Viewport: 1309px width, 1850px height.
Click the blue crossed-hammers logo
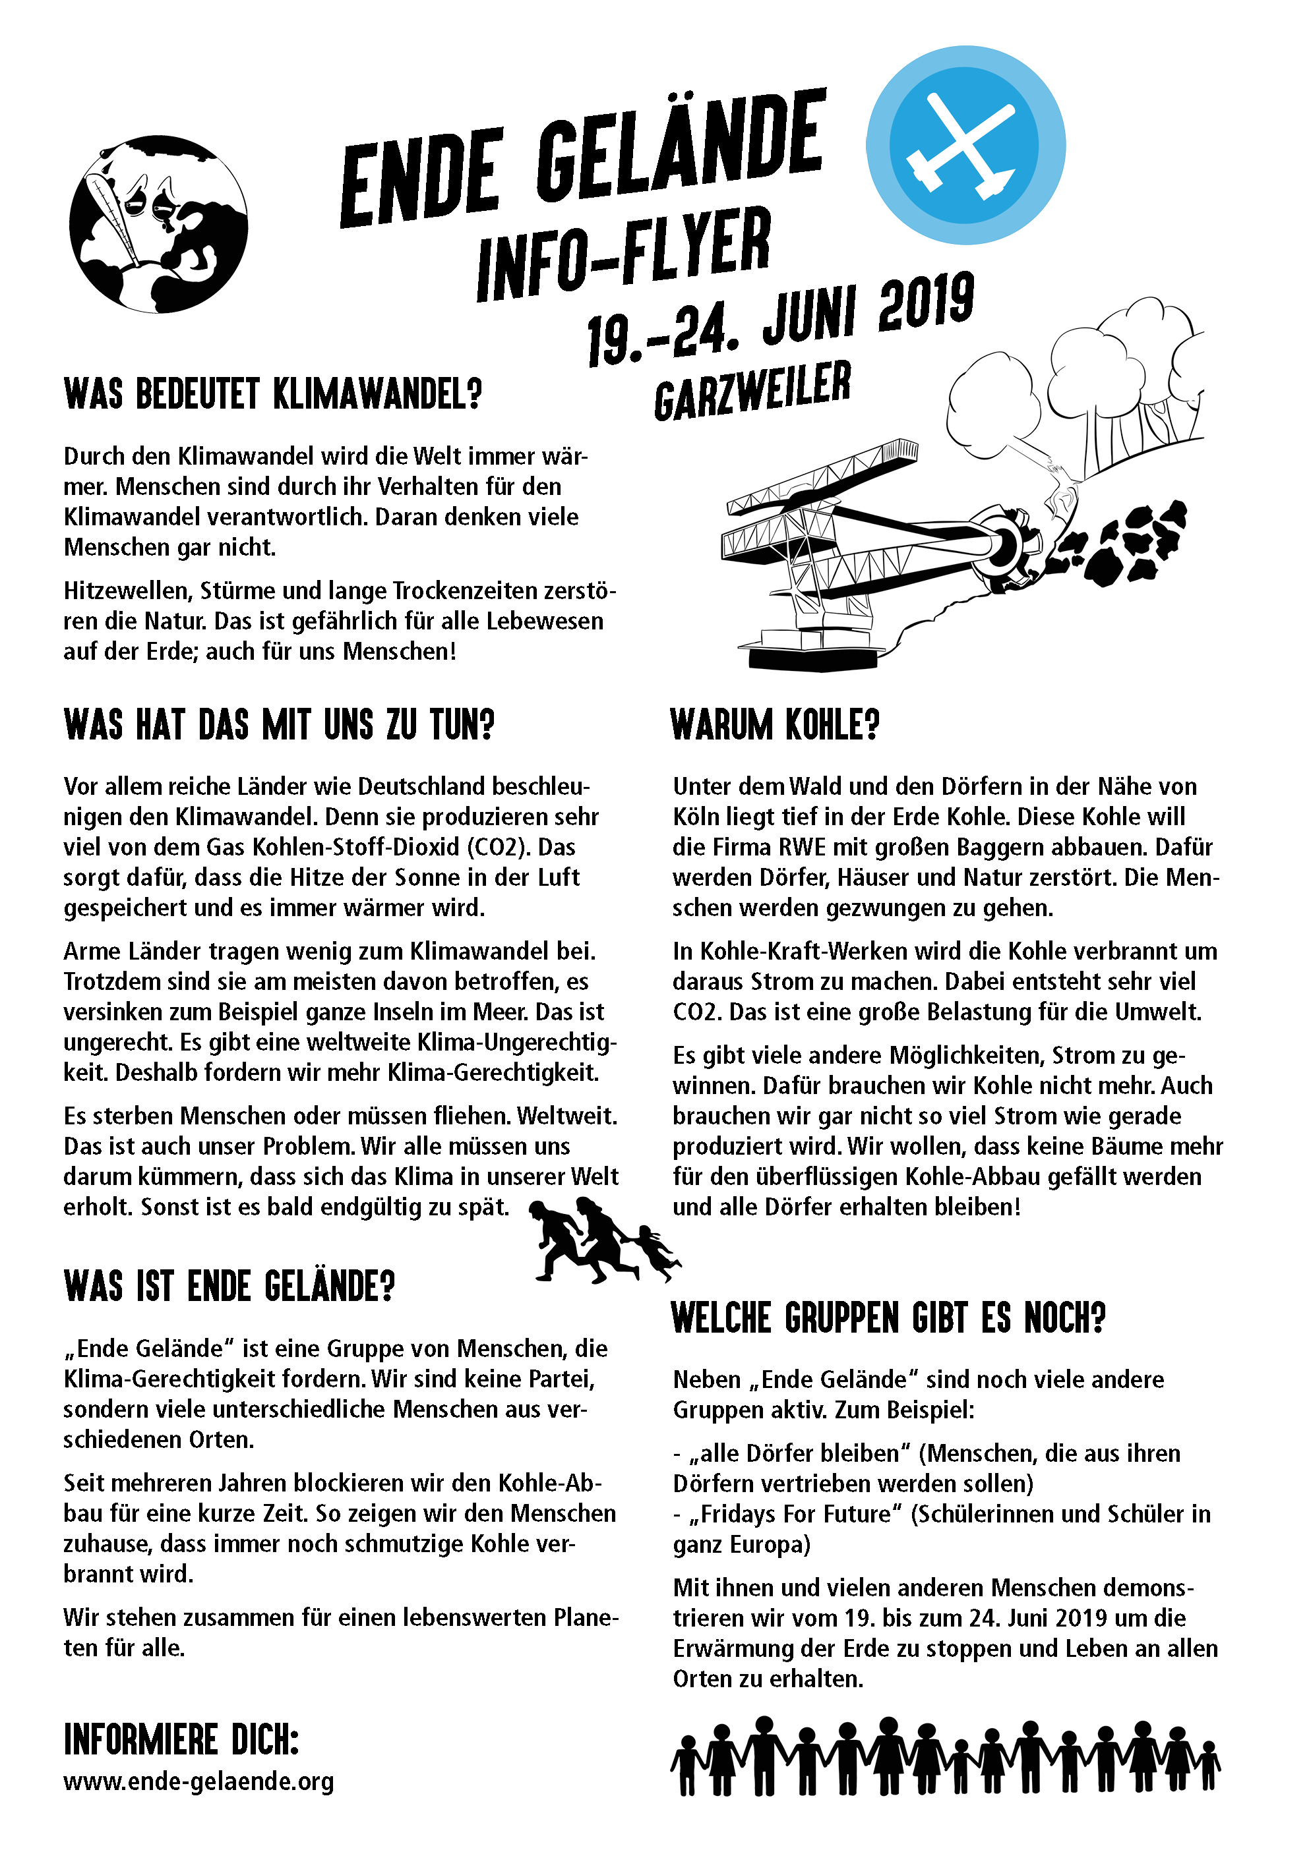coord(965,145)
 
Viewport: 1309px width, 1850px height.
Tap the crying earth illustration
coord(158,225)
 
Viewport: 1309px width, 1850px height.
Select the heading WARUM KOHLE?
coord(775,724)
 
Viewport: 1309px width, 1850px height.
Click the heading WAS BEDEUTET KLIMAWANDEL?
coord(272,394)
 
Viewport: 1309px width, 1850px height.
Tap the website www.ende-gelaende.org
coord(198,1781)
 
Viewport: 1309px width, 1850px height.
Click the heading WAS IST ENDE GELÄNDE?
coord(229,1286)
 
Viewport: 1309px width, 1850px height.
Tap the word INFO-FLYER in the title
coord(624,253)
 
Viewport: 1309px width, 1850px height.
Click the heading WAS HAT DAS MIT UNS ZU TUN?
coord(279,724)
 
